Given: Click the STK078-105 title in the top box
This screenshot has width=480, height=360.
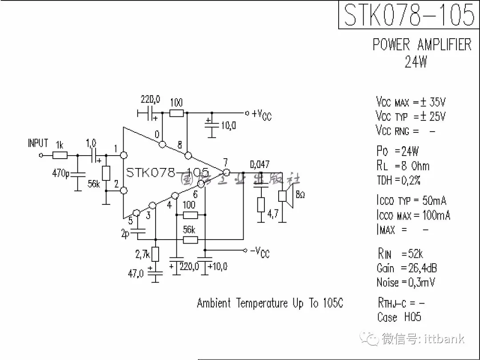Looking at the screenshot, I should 409,15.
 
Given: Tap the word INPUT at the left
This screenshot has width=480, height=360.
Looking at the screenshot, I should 38,143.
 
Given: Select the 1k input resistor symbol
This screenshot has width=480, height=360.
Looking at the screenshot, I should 60,155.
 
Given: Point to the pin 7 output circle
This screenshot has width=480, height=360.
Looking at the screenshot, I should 226,172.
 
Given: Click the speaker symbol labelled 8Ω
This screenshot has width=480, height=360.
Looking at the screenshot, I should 284,196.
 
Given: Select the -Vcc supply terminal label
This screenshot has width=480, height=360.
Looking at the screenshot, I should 260,252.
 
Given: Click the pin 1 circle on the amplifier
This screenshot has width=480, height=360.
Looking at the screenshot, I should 124,155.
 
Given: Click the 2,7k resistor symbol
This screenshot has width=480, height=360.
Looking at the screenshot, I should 155,254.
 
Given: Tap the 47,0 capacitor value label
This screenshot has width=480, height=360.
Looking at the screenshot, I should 136,274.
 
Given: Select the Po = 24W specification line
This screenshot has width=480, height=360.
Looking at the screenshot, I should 397,151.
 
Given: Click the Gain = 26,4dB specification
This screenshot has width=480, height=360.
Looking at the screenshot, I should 406,268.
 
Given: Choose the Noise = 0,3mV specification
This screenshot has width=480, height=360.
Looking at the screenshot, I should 405,282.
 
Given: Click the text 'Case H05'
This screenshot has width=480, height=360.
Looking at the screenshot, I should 399,317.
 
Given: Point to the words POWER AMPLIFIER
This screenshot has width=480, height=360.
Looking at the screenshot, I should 422,44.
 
